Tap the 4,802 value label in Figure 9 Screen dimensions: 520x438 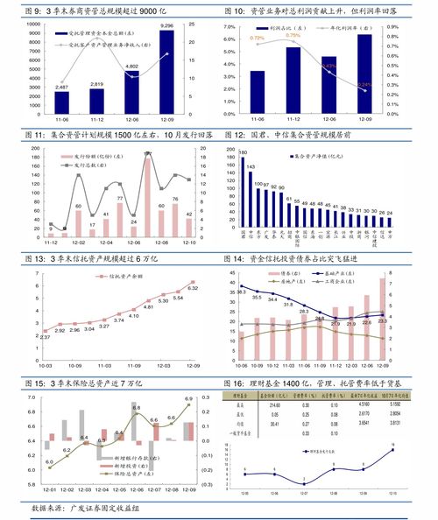pyautogui.click(x=131, y=67)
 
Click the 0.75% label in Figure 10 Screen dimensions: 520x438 pyautogui.click(x=293, y=36)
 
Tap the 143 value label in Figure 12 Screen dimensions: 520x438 pyautogui.click(x=251, y=165)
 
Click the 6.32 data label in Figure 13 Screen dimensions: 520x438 pyautogui.click(x=193, y=288)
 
